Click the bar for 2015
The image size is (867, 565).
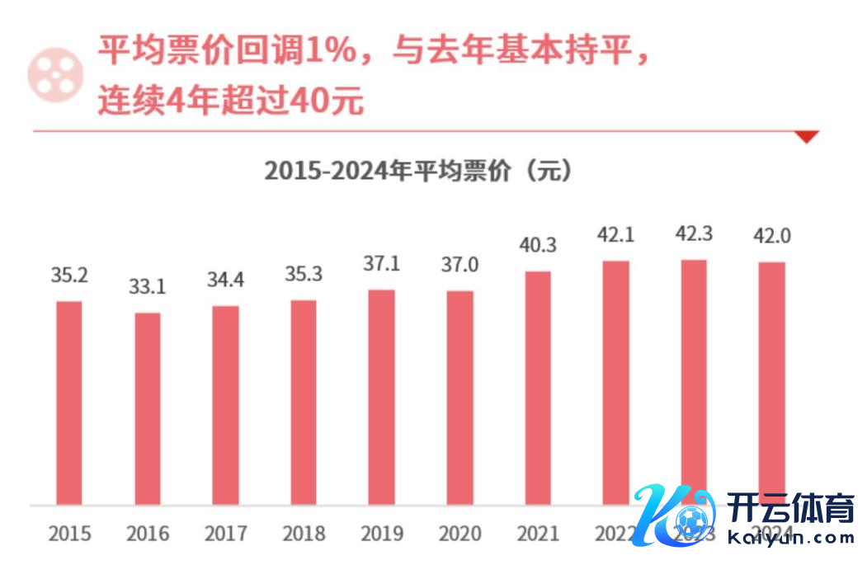(x=69, y=403)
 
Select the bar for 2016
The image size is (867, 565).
(x=148, y=408)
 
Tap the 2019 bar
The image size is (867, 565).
(x=381, y=397)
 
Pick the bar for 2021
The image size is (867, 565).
(x=538, y=388)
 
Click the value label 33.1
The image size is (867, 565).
(x=148, y=287)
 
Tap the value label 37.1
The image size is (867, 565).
(x=381, y=265)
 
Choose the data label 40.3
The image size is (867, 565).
(x=538, y=246)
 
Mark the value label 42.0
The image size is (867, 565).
(x=772, y=236)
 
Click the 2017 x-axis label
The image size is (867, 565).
(x=225, y=534)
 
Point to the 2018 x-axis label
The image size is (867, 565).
(x=304, y=534)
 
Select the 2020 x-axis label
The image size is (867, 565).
(x=459, y=534)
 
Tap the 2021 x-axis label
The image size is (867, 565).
(x=538, y=534)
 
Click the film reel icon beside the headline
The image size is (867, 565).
(x=55, y=73)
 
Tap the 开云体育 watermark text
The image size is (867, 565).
(x=790, y=508)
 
